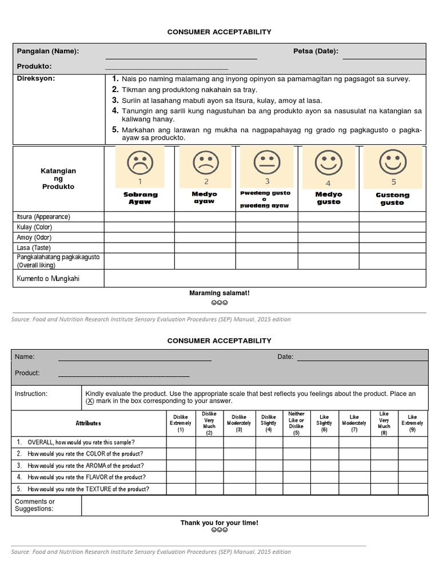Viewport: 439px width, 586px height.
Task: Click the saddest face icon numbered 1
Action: click(139, 164)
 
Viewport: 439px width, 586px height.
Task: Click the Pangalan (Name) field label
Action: click(48, 51)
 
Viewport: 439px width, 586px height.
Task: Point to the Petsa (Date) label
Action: click(316, 51)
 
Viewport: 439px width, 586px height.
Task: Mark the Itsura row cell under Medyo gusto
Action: click(328, 217)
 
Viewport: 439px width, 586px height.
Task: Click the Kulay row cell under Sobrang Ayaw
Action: click(139, 227)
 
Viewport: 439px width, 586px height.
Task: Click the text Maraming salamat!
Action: click(219, 293)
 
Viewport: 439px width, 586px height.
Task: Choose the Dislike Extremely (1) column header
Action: click(181, 423)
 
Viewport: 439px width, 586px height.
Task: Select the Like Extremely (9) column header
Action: click(413, 423)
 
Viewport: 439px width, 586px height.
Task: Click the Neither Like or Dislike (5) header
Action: click(296, 423)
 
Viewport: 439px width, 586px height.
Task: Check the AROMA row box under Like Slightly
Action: click(325, 465)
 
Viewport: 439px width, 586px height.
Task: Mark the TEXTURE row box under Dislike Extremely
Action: click(181, 489)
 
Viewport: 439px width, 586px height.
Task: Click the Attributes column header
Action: click(88, 423)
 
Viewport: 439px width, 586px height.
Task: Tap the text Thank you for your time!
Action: click(219, 522)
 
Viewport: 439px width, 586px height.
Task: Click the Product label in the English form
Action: click(27, 373)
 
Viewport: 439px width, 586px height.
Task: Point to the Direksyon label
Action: click(35, 78)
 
